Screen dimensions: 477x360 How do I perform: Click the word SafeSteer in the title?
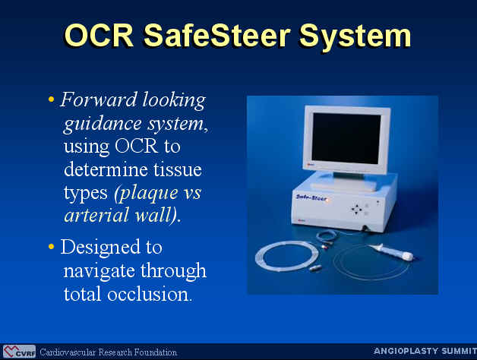tap(216, 36)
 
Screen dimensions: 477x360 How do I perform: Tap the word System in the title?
tap(355, 38)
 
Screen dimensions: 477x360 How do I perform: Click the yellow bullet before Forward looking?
tap(51, 99)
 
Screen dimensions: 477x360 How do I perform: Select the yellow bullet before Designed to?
tap(51, 246)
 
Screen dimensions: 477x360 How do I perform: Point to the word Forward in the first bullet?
tap(99, 99)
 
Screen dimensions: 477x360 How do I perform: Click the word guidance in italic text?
tap(103, 125)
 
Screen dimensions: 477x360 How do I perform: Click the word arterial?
tap(96, 215)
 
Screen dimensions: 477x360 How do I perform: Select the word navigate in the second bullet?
tap(100, 271)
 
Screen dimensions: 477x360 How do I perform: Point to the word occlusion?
tap(150, 293)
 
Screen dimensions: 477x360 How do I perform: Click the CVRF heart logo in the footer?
tap(19, 352)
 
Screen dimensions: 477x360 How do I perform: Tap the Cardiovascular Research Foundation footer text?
tap(109, 352)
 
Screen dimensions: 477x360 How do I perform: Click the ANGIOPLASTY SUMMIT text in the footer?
tap(425, 351)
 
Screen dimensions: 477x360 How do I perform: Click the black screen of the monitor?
tap(346, 138)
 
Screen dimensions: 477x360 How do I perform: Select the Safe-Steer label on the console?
tap(311, 198)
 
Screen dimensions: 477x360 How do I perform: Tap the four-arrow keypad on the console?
tap(356, 209)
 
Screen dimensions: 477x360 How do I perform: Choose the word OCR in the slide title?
tap(100, 36)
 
